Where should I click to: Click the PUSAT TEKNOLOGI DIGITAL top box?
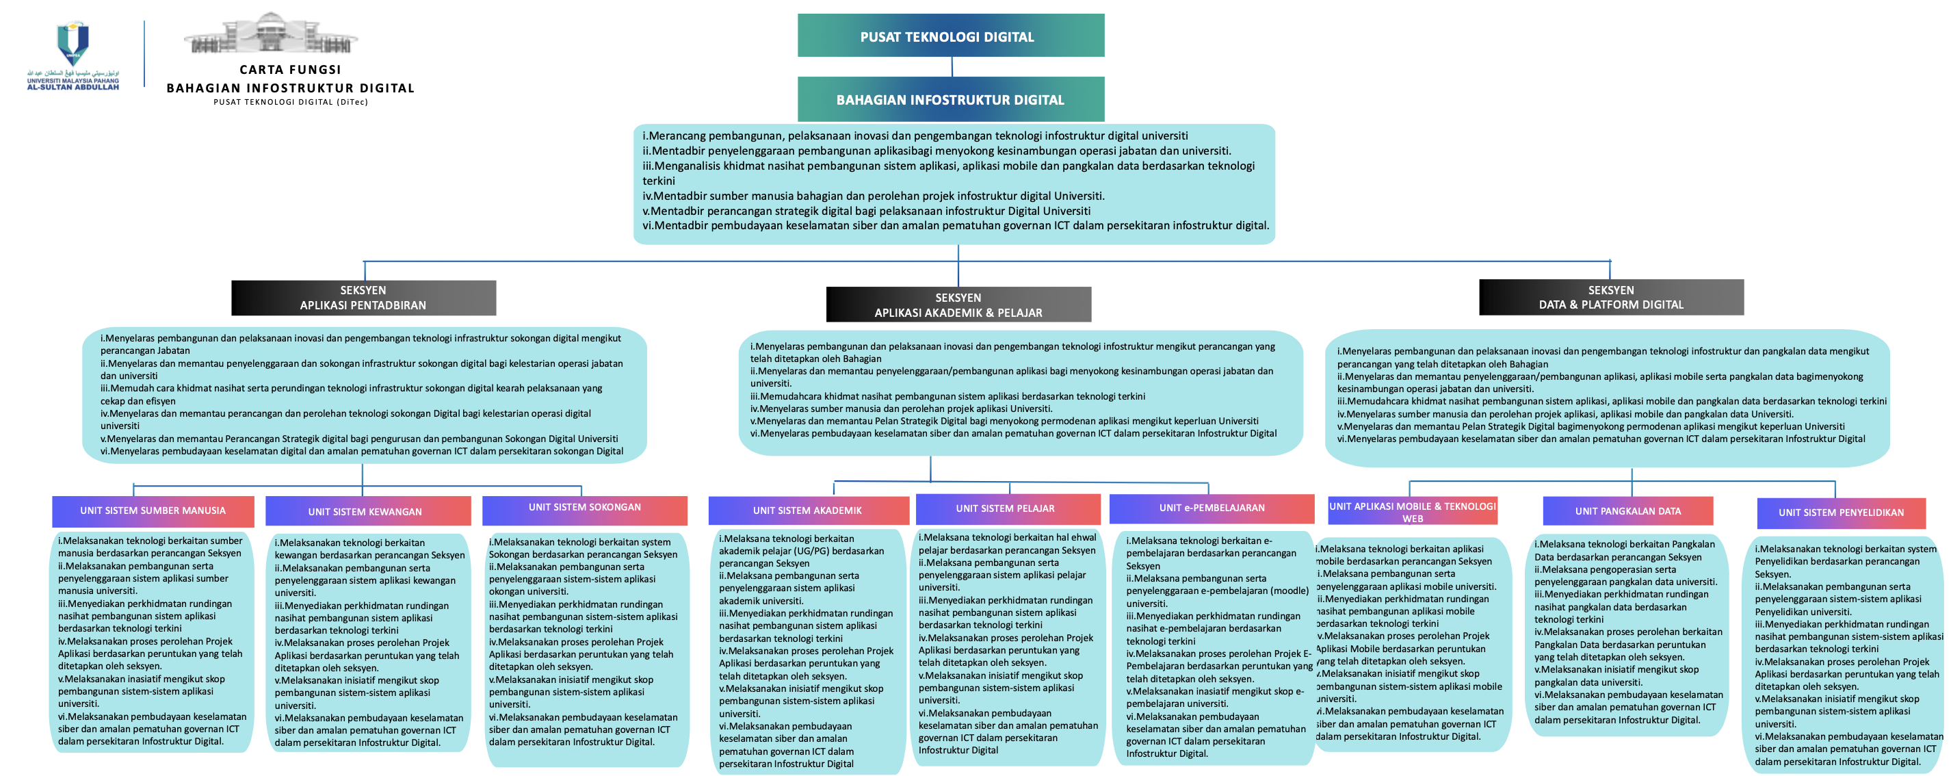click(950, 36)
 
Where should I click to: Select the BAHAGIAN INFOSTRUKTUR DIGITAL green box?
click(950, 99)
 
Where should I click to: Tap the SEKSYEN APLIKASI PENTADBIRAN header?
click(363, 298)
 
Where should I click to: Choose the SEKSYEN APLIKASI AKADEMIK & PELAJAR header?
click(958, 305)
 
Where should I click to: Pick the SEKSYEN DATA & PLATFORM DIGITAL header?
click(1611, 297)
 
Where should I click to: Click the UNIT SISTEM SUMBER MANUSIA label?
click(153, 510)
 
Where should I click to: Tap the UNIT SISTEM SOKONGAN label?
click(585, 508)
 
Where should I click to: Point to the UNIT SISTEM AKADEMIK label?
click(807, 510)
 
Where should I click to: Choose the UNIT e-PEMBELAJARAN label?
click(1212, 508)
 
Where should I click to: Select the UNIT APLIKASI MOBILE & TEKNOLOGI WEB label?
click(1413, 512)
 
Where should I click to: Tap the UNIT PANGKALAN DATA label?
click(1627, 512)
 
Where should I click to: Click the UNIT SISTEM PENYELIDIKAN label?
click(1840, 513)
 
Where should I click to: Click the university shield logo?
click(73, 42)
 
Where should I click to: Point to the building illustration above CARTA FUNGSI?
click(270, 34)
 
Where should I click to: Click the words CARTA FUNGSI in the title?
click(290, 70)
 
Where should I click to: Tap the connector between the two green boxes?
click(952, 66)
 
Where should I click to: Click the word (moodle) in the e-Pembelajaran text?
click(1288, 591)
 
